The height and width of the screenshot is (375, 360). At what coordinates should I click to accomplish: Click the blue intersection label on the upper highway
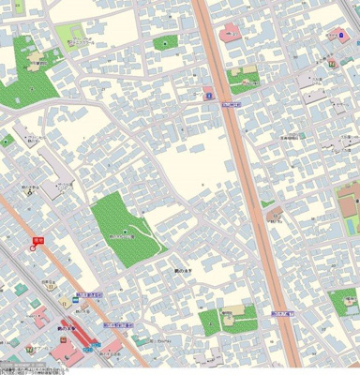[232, 105]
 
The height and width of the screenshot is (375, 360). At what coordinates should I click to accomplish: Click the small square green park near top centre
[165, 42]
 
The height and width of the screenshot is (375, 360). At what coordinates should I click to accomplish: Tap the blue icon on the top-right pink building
[342, 35]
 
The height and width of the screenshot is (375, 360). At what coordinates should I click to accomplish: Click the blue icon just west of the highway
[209, 95]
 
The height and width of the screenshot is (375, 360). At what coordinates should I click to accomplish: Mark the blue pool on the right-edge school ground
[353, 226]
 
